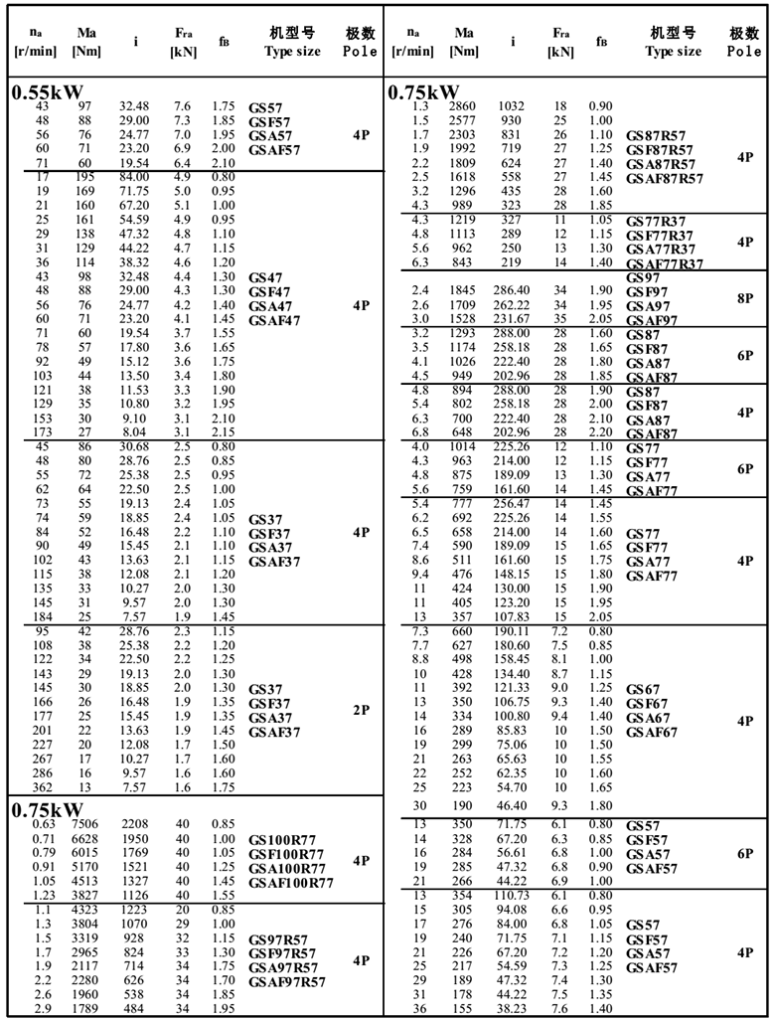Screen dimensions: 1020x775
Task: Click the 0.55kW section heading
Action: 48,92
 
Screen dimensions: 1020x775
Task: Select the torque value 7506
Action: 84,823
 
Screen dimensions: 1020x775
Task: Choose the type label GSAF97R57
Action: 286,982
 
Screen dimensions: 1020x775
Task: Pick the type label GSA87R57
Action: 660,164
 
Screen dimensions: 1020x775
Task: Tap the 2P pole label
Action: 361,710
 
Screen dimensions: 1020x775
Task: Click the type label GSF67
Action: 647,704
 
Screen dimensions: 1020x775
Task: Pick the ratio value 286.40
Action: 513,290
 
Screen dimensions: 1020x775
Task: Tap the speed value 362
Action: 43,786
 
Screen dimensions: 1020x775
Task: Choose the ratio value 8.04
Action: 134,433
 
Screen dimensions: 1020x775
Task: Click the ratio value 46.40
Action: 513,805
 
